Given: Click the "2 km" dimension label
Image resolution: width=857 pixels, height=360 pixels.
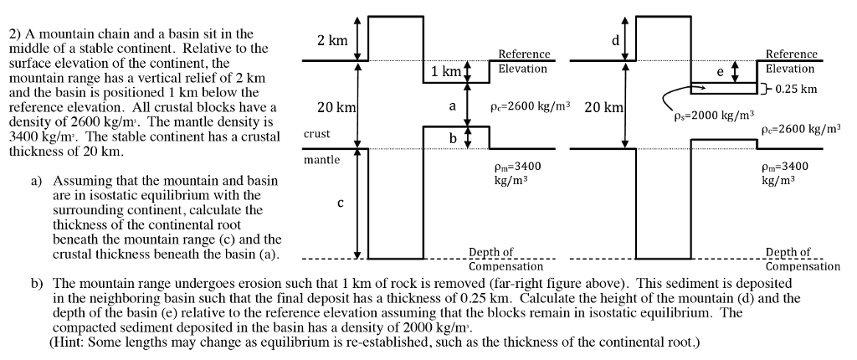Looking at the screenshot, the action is click(x=332, y=40).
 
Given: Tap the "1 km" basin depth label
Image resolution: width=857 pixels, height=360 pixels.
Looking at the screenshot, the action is click(x=446, y=72).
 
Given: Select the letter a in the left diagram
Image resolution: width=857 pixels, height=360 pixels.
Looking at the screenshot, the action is click(x=453, y=105).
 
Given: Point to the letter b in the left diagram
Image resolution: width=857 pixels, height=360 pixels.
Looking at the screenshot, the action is click(x=453, y=138).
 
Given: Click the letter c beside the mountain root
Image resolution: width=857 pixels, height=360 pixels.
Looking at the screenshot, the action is click(x=340, y=203).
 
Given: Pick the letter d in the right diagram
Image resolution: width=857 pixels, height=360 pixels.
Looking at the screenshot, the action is click(x=615, y=40).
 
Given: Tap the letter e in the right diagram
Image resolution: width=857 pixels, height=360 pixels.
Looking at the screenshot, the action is click(x=720, y=72).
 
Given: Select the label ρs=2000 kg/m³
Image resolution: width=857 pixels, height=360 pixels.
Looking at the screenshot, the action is click(x=715, y=115).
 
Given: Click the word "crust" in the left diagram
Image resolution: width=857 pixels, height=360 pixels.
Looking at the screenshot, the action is click(x=317, y=134).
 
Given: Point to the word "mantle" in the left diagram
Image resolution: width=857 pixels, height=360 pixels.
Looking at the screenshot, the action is click(x=322, y=160).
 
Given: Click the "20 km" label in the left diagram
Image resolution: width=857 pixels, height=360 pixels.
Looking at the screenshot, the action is click(x=336, y=108).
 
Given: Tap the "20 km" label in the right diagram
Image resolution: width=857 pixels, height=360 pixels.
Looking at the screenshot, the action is click(x=603, y=108).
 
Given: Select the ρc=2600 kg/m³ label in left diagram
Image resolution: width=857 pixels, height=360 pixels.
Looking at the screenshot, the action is click(x=530, y=106).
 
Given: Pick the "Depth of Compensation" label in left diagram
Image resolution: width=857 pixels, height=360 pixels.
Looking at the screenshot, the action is click(x=506, y=259).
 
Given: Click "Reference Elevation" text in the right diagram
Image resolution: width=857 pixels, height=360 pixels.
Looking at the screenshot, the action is click(x=791, y=61).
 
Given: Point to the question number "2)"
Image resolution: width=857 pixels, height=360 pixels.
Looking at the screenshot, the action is click(x=15, y=34).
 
